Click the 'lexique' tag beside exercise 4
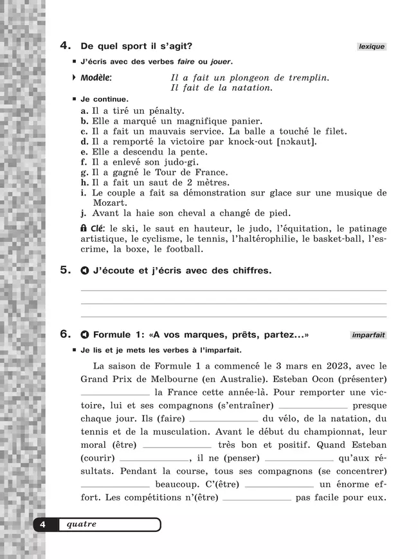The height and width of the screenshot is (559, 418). [372, 46]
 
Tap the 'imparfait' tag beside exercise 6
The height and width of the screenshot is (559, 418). [368, 335]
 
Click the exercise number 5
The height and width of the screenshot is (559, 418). [65, 270]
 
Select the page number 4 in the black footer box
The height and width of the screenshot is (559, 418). [42, 525]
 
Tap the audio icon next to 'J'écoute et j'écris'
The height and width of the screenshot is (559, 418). [84, 271]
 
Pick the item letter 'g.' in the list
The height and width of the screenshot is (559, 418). [84, 172]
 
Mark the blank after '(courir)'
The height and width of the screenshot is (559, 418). [154, 459]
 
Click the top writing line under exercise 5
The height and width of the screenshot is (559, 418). [233, 291]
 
